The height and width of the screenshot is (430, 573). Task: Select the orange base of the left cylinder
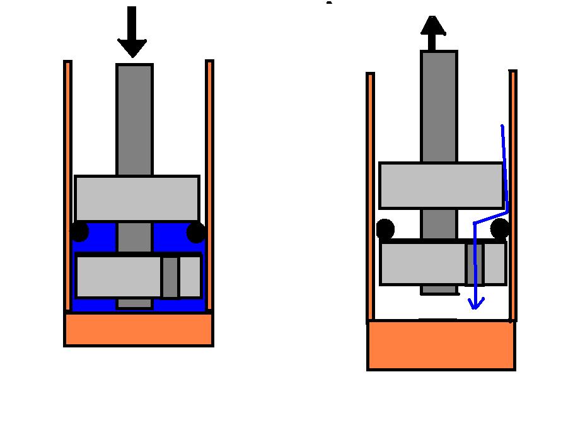pos(139,329)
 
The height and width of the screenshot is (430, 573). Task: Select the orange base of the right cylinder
pos(441,344)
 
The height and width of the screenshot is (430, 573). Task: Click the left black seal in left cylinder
pos(79,232)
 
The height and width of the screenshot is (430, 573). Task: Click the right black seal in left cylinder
pos(196,233)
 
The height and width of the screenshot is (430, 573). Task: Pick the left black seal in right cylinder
pos(385,229)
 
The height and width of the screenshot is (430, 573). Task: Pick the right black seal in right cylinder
pos(499,228)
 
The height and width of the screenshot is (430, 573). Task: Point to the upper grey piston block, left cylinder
pos(137,198)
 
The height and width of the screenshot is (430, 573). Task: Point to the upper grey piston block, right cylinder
pos(441,185)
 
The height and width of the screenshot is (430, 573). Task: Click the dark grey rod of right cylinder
pos(439,107)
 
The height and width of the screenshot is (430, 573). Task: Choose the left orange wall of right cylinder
pos(371,195)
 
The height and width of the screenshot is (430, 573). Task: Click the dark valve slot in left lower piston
pos(170,277)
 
